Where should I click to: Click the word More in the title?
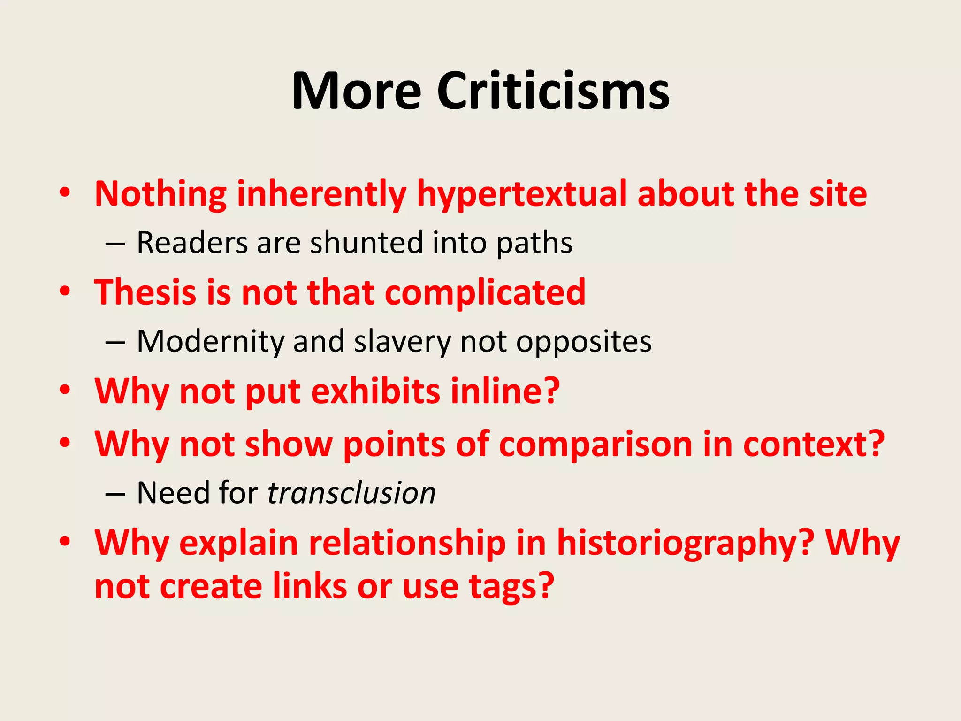coord(357,91)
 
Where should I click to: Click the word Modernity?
coord(211,342)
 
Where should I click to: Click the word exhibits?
coord(375,391)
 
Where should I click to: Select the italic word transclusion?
coord(351,493)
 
